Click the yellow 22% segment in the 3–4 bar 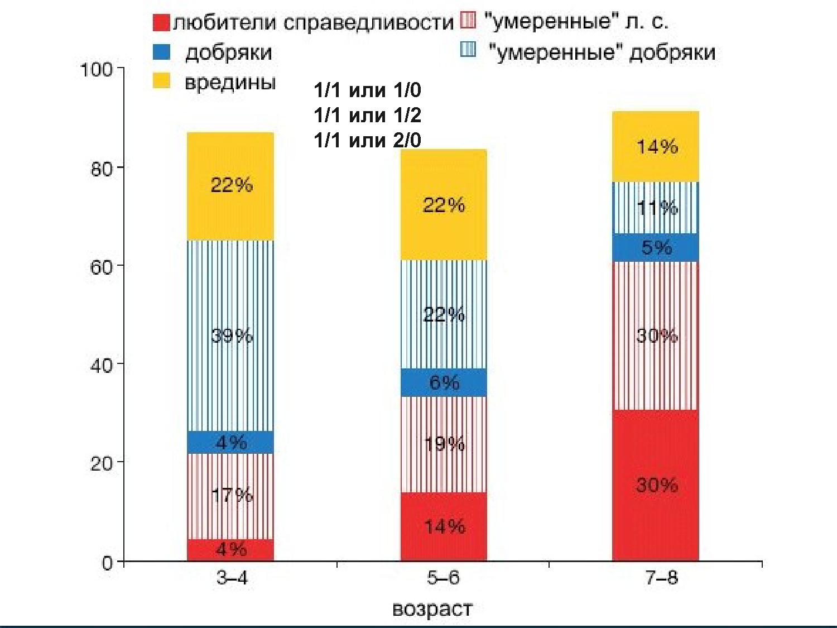tap(230, 186)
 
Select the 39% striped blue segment tap(230, 335)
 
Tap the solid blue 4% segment tap(230, 442)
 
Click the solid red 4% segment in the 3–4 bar tap(230, 550)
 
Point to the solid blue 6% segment tap(444, 382)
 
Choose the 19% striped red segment tap(444, 444)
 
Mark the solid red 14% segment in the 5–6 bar tap(444, 526)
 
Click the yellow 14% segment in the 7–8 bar tap(656, 147)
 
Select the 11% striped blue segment tap(656, 208)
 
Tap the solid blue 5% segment tap(656, 247)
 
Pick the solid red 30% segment tap(656, 485)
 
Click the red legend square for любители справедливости tap(161, 22)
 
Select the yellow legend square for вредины tap(161, 82)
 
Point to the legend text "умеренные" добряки tap(602, 52)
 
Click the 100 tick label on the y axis tap(96, 70)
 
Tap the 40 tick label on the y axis tap(100, 365)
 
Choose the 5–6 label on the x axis tap(443, 578)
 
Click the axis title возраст tap(432, 608)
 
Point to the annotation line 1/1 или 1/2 tap(367, 115)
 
